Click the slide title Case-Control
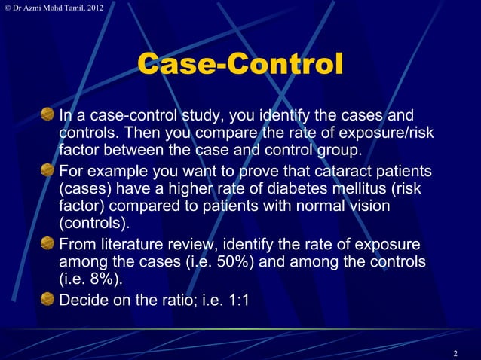click(240, 65)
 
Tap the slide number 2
click(455, 353)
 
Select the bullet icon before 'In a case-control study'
click(48, 115)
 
